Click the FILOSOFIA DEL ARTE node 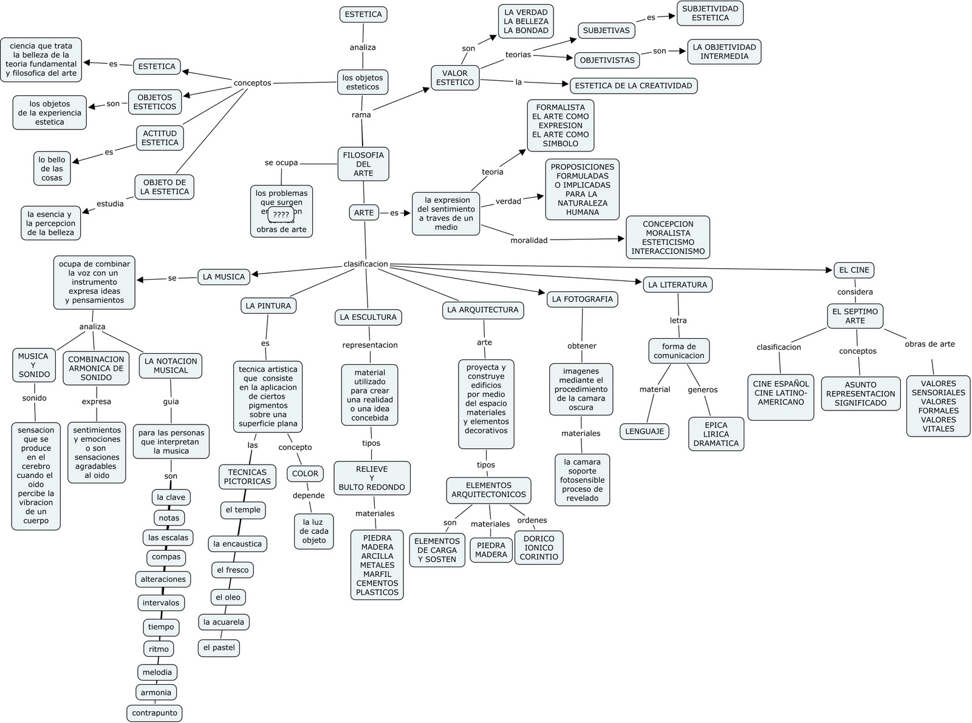click(x=363, y=164)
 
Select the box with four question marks click(x=281, y=215)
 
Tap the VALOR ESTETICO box click(x=455, y=78)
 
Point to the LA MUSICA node click(x=224, y=277)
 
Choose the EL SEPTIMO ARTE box click(x=855, y=316)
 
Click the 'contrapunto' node click(x=155, y=713)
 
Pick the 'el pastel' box click(x=219, y=648)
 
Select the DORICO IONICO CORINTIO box click(x=539, y=547)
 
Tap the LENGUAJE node click(x=644, y=431)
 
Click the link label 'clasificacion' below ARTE click(x=366, y=264)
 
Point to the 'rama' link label click(x=361, y=115)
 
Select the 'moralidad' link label click(x=529, y=240)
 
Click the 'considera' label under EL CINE click(x=855, y=292)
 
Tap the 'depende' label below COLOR click(x=309, y=496)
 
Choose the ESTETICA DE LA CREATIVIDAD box click(x=634, y=86)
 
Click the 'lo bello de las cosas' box click(x=52, y=168)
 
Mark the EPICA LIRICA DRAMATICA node click(x=716, y=434)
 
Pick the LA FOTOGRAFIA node click(x=583, y=299)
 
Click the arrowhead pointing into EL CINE click(x=829, y=270)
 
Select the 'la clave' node click(x=171, y=497)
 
